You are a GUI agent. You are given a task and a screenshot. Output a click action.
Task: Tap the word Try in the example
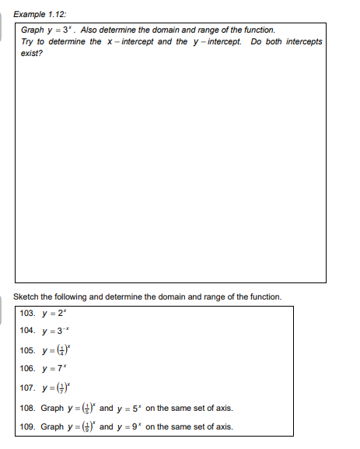[x=29, y=41]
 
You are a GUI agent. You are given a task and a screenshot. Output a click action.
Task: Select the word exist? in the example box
[x=32, y=53]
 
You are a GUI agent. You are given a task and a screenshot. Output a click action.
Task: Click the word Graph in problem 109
[x=52, y=426]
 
